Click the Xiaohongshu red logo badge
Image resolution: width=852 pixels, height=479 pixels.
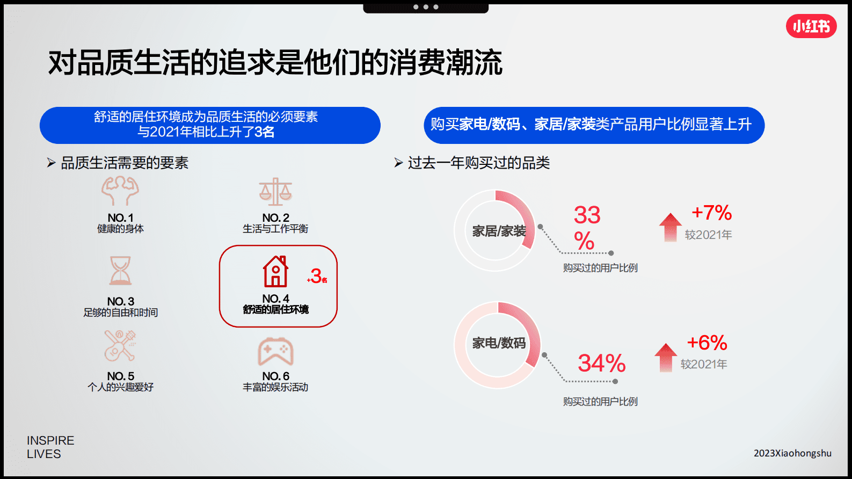pos(811,26)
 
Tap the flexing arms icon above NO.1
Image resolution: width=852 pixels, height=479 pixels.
pos(120,191)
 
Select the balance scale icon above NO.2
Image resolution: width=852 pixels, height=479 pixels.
pos(275,192)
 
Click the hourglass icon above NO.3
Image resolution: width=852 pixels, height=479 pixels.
pos(120,270)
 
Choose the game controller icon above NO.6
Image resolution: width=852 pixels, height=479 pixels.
pos(275,352)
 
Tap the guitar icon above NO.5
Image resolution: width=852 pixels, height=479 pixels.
pos(120,346)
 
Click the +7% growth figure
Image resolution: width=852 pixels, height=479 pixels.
pos(711,213)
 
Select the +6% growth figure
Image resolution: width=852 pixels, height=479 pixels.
pos(707,343)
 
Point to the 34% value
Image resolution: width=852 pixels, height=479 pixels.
pos(601,364)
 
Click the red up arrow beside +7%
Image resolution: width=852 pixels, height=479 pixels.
pos(670,227)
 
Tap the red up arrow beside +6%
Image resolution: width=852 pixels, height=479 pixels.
pos(666,357)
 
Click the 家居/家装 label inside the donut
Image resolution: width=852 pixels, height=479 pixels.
pos(499,231)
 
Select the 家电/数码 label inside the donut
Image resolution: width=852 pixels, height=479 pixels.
pos(499,343)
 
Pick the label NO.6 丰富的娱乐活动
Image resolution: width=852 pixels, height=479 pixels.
pos(275,382)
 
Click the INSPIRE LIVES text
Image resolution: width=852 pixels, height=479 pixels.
pos(50,447)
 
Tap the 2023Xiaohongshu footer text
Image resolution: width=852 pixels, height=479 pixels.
pos(792,453)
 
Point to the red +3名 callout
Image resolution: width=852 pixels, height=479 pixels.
pos(317,277)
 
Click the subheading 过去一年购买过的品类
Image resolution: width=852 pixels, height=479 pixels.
pos(478,163)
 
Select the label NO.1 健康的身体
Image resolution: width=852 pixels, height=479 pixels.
pos(120,223)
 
